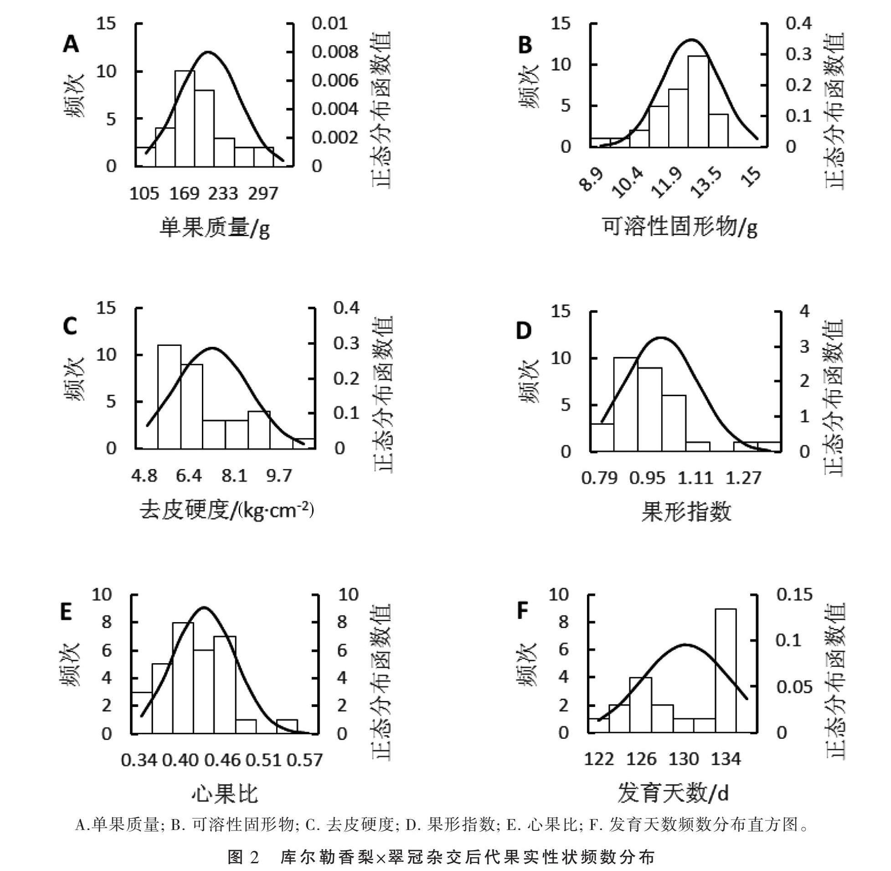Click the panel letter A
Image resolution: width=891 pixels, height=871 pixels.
coord(71,45)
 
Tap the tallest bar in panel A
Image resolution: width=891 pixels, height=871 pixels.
coord(185,119)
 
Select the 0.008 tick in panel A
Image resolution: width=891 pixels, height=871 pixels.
coord(335,52)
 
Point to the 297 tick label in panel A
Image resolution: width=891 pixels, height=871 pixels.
coord(263,194)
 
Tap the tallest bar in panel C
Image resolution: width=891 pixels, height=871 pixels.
coord(169,397)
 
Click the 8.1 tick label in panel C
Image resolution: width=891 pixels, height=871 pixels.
coord(234,477)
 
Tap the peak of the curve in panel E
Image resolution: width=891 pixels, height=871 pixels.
coord(204,608)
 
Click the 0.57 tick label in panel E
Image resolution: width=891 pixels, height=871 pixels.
coord(304,760)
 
